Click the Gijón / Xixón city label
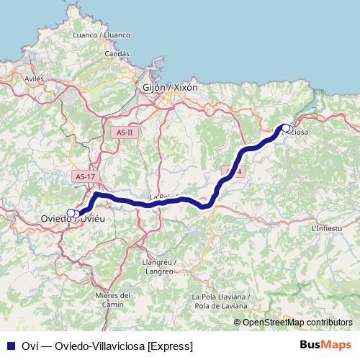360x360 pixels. coord(166,87)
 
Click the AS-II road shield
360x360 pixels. coord(125,132)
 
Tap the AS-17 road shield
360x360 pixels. coord(84,176)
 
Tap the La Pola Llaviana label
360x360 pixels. coord(220,297)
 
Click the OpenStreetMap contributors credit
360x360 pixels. coord(297,323)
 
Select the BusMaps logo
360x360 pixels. coord(325,346)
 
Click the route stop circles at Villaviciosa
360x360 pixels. coord(287,129)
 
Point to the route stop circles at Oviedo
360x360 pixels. coord(73,213)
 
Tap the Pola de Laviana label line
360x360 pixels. coord(221,306)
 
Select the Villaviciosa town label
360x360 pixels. coord(301,132)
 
